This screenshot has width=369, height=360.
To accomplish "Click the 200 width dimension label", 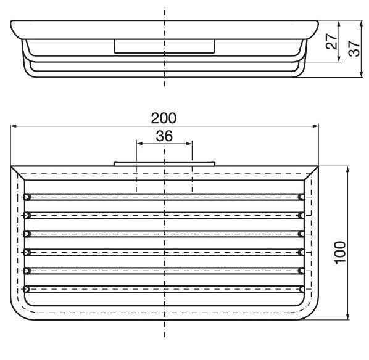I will point(164,118).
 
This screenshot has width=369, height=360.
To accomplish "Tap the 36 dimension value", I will point(164,136).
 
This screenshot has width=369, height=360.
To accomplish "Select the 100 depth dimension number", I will point(341,252).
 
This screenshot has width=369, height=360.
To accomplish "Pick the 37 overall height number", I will point(353,49).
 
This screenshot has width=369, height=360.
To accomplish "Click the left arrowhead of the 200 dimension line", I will point(14,127).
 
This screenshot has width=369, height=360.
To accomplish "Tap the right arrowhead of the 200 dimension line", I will point(315,127).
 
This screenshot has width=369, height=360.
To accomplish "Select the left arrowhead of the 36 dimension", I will point(139,144).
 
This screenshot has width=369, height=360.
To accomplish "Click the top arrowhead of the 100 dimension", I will point(349,170).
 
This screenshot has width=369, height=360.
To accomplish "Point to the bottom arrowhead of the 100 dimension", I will point(349,317).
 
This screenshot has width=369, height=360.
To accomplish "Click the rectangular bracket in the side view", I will point(164,46).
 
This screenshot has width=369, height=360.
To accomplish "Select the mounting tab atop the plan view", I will point(164,164).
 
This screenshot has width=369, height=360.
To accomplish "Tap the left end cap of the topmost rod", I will point(26,197).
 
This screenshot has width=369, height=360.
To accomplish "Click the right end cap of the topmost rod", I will point(302,197).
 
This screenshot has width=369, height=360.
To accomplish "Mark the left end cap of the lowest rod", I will point(26,289).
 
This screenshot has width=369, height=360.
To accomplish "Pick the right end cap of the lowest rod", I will point(302,289).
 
